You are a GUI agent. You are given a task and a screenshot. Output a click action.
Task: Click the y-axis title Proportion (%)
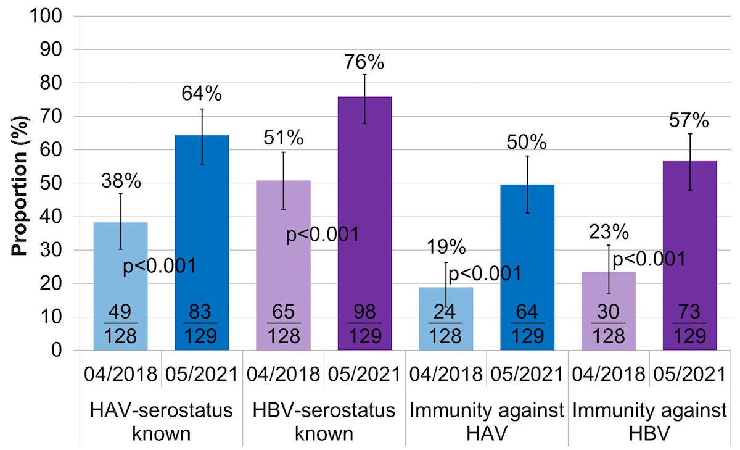(x=21, y=184)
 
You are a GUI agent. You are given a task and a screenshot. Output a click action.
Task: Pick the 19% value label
(x=446, y=248)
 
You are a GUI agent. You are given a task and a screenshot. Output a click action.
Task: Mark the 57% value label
(x=690, y=120)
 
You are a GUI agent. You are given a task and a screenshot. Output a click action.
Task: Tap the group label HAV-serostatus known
(x=162, y=421)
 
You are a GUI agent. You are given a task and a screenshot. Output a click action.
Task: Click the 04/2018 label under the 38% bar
(x=120, y=374)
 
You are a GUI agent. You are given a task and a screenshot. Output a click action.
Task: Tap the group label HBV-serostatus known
(x=324, y=421)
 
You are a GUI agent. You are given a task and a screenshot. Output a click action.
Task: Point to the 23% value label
(x=608, y=233)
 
